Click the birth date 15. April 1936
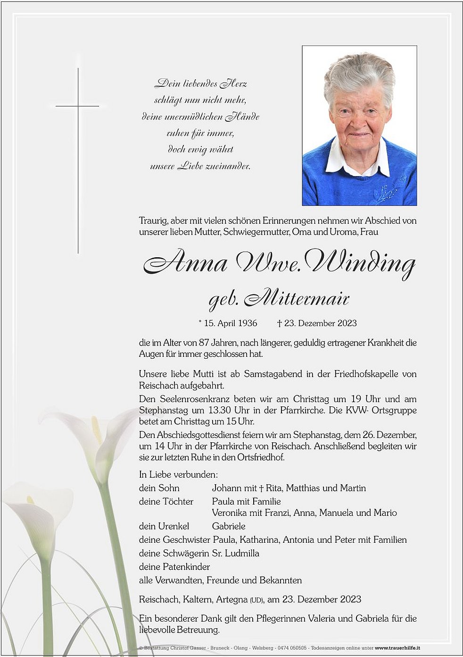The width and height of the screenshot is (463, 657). [x=231, y=323]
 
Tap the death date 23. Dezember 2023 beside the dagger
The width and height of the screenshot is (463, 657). [x=320, y=323]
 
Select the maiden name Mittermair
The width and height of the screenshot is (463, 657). [x=297, y=298]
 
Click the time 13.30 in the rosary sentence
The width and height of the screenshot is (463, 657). [x=224, y=410]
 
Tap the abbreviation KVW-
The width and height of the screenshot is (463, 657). [x=357, y=410]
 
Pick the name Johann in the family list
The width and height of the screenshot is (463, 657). [x=225, y=488]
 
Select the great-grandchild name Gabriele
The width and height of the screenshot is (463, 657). [x=229, y=526]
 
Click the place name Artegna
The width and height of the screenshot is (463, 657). [x=231, y=599]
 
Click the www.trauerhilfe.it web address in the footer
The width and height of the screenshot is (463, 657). [x=397, y=648]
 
